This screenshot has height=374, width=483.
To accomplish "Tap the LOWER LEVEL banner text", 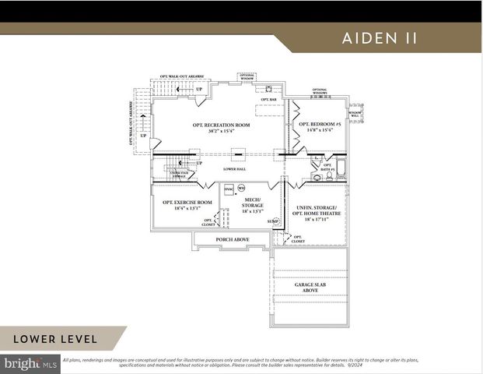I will coord(55,338).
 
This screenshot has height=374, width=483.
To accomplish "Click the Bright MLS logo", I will coord(30,362).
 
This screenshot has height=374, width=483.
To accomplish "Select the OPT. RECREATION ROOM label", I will coord(221,125).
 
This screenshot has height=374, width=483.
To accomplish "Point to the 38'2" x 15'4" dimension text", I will coord(221,131).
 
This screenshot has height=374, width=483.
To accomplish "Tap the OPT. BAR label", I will coord(269,100).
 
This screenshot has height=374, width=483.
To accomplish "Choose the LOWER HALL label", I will coord(234,168).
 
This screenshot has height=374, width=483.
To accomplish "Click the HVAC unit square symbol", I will coord(229,189).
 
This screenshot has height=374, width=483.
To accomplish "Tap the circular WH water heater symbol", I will coord(241,188).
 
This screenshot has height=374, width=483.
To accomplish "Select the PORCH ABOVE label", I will coord(232,239).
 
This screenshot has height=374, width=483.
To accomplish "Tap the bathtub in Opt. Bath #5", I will coord(339,166).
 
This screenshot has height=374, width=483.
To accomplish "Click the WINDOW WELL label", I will coord(355,114).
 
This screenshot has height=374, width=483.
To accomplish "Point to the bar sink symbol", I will coord(268,89).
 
